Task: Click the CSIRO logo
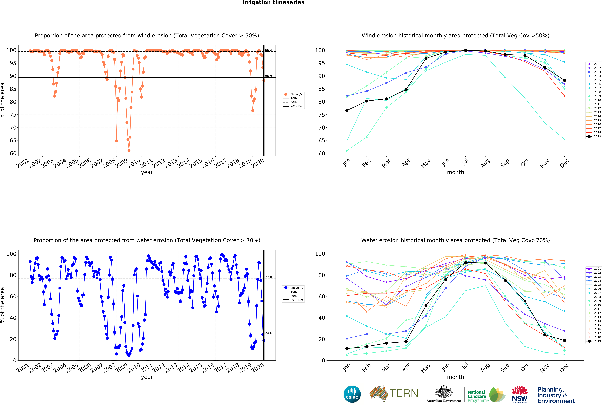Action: tap(352, 394)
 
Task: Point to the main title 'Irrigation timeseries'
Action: tap(273, 3)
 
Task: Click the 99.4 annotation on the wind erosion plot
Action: tap(268, 51)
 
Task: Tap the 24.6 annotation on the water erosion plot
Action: tap(268, 333)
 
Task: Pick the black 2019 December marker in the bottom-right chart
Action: tap(564, 340)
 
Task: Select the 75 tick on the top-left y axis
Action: tap(13, 115)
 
